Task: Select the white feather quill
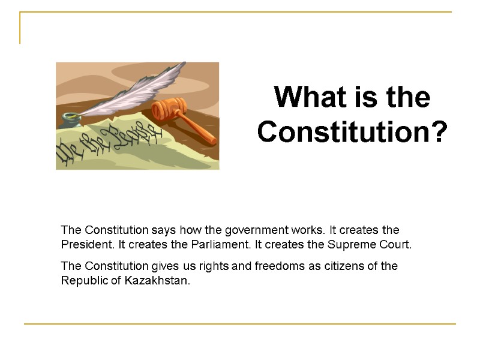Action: [138, 90]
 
